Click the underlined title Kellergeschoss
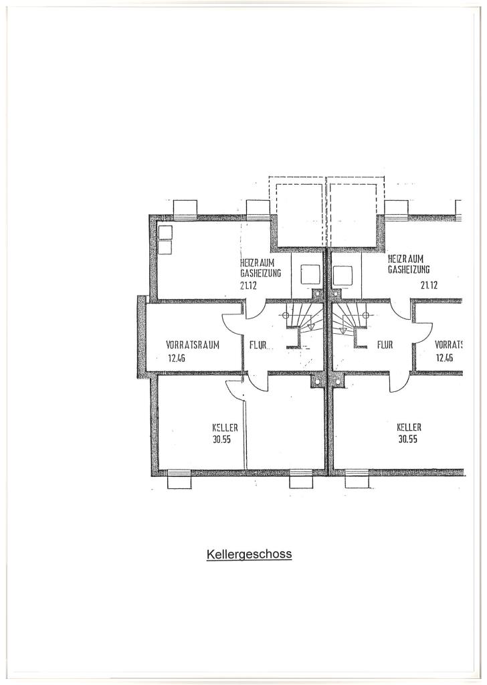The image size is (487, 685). pos(249,555)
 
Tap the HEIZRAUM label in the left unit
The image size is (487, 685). pos(258,264)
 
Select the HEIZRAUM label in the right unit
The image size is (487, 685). pos(406,259)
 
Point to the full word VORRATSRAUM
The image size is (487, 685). pos(193,345)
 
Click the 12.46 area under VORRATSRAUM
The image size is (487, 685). pos(177,359)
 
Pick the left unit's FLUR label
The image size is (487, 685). pos(258,345)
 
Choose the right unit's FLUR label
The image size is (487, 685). pos(385,345)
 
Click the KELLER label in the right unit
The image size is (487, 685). pos(409,427)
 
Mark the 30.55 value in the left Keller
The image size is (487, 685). pos(222,440)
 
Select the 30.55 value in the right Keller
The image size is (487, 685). pos(408,439)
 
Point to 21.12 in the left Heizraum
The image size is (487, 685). pos(248,286)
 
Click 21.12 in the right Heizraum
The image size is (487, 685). pos(429,286)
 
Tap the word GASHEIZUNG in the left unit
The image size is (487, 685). pos(260,274)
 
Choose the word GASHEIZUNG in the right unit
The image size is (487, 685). pos(409,269)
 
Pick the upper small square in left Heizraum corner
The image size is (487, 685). pos(165,233)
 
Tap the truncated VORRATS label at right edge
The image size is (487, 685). pos(449,345)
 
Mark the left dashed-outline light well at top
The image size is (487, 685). pos(297,212)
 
